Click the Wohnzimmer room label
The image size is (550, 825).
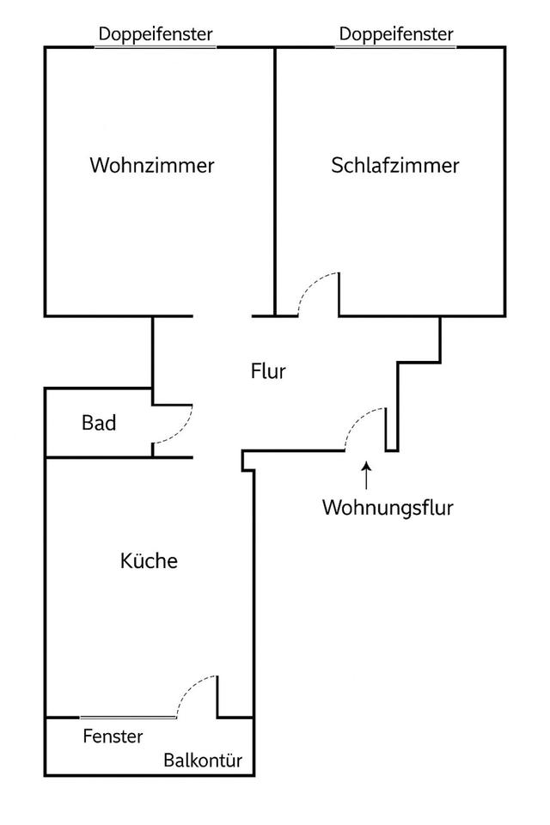coord(152,165)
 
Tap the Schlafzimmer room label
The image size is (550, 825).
coord(395,165)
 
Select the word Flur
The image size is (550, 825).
coord(268,371)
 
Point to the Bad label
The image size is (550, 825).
coord(99,423)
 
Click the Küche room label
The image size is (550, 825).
coord(149,561)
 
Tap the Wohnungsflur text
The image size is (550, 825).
coord(388,507)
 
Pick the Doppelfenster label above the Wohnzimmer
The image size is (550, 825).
coord(156,34)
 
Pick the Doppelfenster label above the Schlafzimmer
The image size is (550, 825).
coord(396,34)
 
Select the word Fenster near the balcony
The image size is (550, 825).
coord(113,736)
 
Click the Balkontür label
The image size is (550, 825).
coord(203,761)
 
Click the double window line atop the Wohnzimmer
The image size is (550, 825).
coord(156,47)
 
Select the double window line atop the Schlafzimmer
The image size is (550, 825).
coord(396,47)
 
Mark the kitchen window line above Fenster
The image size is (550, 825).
coord(129,717)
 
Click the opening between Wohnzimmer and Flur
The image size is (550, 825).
coord(223,316)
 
